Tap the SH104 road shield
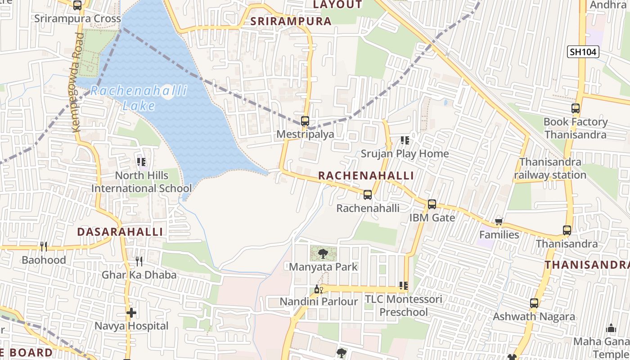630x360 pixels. coord(583,52)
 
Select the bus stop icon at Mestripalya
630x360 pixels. coord(305,121)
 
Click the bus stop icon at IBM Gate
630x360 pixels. coord(432,204)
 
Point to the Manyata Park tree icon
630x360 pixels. coord(323,254)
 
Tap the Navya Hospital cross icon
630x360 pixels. coord(131,313)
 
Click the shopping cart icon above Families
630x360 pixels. coord(499,221)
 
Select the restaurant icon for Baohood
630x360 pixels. coord(44,246)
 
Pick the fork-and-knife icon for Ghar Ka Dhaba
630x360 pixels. coord(139,261)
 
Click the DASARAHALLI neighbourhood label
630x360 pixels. coord(120,232)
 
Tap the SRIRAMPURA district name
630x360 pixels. coord(291,21)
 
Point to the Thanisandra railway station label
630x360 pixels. coord(550,168)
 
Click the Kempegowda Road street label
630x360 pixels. coord(78,82)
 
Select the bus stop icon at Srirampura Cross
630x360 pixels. coord(77,5)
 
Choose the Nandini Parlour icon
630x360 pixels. coord(319,289)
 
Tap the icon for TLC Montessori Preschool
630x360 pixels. coord(404,286)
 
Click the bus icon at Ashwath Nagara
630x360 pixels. coord(534,303)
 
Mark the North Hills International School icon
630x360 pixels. coord(141,162)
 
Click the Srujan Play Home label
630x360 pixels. coord(405,153)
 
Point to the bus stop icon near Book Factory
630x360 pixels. coord(576,108)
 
